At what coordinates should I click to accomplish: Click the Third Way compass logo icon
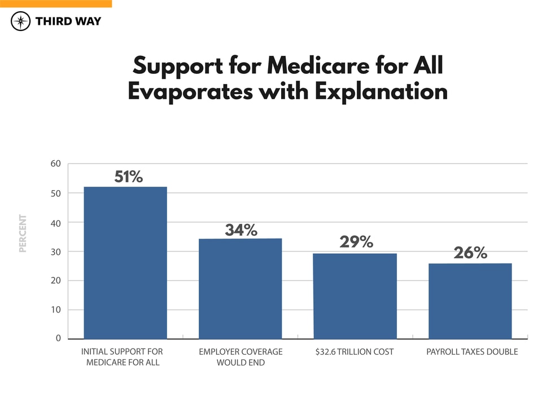tap(21, 21)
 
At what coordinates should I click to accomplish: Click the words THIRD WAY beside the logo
tap(68, 21)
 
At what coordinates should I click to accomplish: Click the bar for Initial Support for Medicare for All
tap(125, 263)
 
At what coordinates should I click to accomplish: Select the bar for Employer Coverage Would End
tap(241, 288)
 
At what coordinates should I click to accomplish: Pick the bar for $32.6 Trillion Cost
tap(355, 296)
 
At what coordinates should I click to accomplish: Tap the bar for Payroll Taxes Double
tap(470, 301)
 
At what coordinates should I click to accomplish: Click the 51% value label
tap(129, 177)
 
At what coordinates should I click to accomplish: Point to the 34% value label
tap(241, 230)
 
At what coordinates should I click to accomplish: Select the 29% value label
tap(356, 242)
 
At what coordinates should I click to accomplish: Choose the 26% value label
tap(470, 253)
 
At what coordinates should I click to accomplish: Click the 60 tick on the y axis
tap(55, 164)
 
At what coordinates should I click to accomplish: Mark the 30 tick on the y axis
tap(55, 252)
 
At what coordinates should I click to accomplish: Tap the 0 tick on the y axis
tap(58, 338)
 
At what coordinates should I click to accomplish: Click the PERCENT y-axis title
tap(23, 233)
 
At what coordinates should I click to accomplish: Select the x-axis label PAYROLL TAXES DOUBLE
tap(472, 352)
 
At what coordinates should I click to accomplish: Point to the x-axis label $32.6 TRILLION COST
tap(355, 352)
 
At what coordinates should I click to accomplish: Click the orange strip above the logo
tap(56, 3)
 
